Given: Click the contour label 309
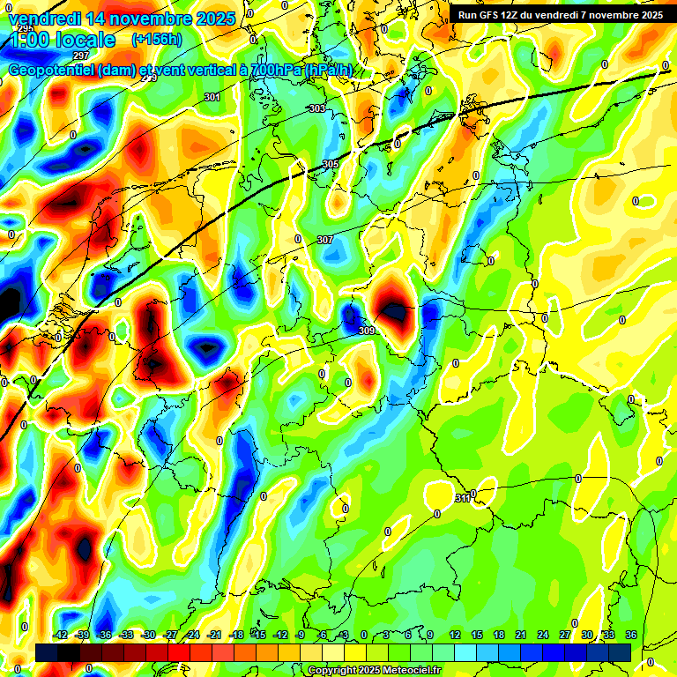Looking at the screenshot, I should click(367, 331).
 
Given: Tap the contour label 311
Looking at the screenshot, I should click(462, 499).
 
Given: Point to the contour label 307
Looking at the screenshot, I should click(324, 240).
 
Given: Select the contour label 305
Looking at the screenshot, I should click(330, 165).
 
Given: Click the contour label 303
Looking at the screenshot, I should click(316, 108).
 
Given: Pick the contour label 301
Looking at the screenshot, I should click(212, 97).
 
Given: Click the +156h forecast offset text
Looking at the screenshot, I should click(156, 40).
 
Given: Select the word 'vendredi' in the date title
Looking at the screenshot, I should click(44, 18).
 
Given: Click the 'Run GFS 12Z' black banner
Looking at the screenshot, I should click(561, 14).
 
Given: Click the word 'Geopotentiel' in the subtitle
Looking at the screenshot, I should click(53, 71).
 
